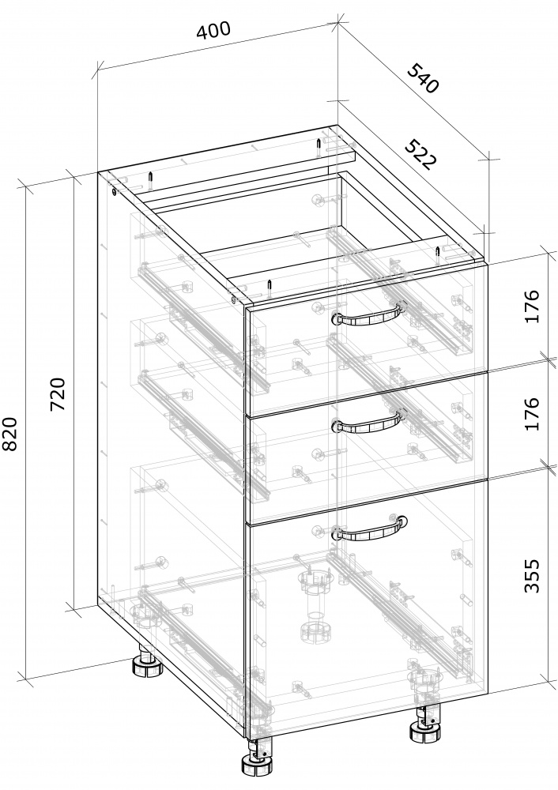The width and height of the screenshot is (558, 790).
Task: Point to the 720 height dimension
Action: tap(59, 393)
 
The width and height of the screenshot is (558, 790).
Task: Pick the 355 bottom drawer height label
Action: tap(532, 575)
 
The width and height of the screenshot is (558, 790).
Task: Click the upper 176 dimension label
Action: tap(532, 306)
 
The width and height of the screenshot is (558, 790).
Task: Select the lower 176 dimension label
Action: tap(532, 414)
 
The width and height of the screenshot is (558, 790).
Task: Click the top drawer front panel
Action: tap(367, 337)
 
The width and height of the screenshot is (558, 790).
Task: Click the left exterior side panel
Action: tap(172, 438)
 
